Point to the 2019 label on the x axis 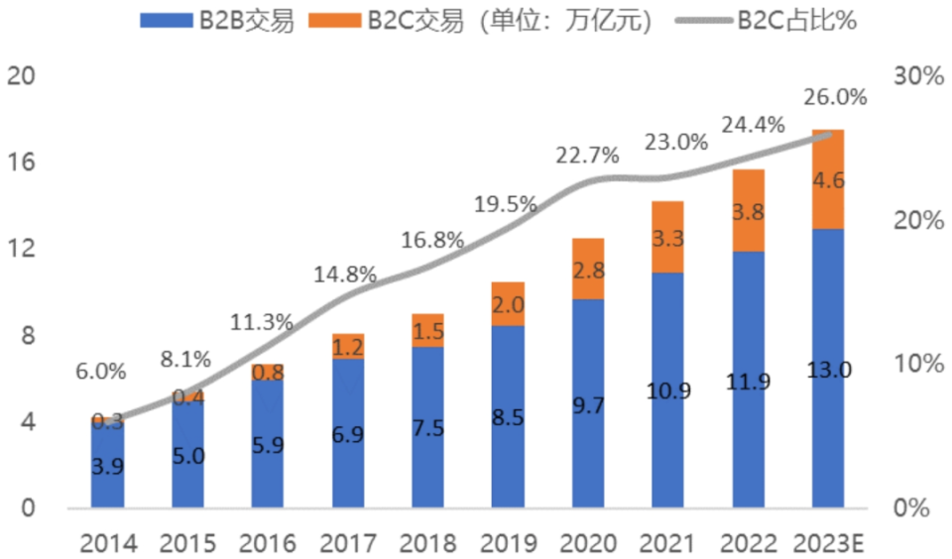tap(508, 543)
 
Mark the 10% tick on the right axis tap(913, 364)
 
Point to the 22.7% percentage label tap(588, 155)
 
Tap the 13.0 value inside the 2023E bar tap(829, 370)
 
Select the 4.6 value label tap(829, 181)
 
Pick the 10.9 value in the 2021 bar tap(668, 391)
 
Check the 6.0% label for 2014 tap(100, 372)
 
